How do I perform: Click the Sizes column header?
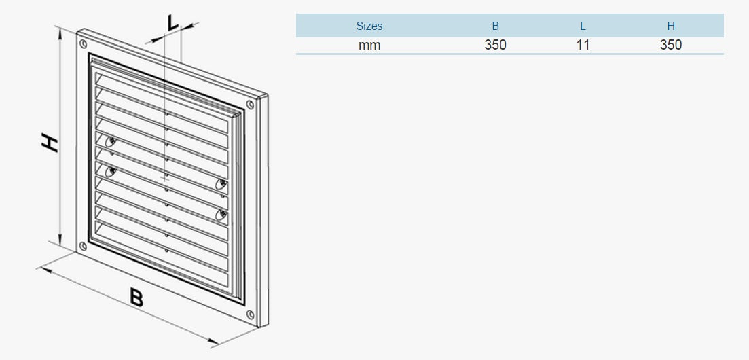369,26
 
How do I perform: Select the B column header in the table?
495,26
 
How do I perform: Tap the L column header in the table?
583,26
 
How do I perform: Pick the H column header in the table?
671,26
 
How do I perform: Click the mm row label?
369,46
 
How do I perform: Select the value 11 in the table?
583,45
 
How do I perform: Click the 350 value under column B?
495,45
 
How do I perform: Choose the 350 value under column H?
671,45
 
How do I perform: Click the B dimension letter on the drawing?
136,298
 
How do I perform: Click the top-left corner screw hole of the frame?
84,44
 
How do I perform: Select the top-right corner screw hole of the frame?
249,104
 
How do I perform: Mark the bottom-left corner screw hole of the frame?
83,246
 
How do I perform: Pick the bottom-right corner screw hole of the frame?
251,314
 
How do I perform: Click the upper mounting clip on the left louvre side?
110,141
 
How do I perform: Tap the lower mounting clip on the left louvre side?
111,170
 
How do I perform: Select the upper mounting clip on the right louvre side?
221,185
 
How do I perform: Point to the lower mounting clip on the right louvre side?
221,215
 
